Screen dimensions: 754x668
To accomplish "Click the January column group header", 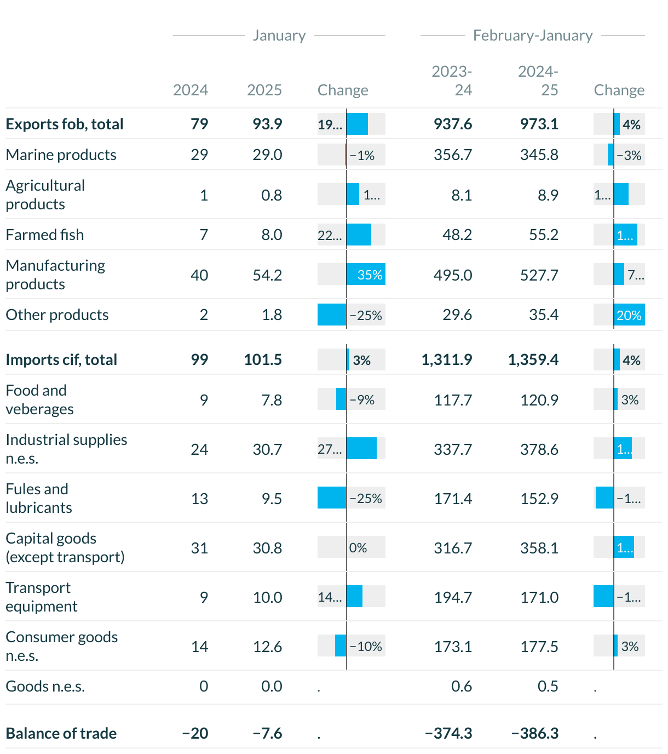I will (x=279, y=36).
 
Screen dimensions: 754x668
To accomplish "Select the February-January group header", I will (x=533, y=36).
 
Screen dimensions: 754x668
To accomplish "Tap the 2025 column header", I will (x=264, y=90).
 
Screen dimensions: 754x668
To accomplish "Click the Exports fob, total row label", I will (x=65, y=124).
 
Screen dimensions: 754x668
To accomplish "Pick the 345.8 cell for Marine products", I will (x=539, y=155).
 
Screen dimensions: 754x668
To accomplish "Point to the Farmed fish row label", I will (x=45, y=235).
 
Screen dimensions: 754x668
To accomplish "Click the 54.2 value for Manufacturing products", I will (x=267, y=275).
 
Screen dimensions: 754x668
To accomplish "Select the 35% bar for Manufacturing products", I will (x=366, y=275).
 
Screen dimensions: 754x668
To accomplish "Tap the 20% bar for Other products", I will (x=629, y=315).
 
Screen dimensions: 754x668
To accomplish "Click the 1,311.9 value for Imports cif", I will (x=447, y=359).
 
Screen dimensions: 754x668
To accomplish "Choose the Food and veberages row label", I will (x=39, y=399).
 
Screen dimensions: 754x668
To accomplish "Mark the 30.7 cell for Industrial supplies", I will (x=267, y=449).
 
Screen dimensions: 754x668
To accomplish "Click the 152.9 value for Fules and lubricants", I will (x=539, y=499).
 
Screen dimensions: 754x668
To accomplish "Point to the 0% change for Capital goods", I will (x=358, y=548).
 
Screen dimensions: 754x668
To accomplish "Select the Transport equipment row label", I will (x=42, y=597).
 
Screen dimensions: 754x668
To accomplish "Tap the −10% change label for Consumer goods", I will (x=366, y=647).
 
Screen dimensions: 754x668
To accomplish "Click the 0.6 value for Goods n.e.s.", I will (x=462, y=686).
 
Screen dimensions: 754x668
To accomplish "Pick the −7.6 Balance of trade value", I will (x=267, y=733).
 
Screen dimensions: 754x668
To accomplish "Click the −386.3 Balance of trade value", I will (x=535, y=733).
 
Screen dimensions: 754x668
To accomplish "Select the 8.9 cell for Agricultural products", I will (x=548, y=195).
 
